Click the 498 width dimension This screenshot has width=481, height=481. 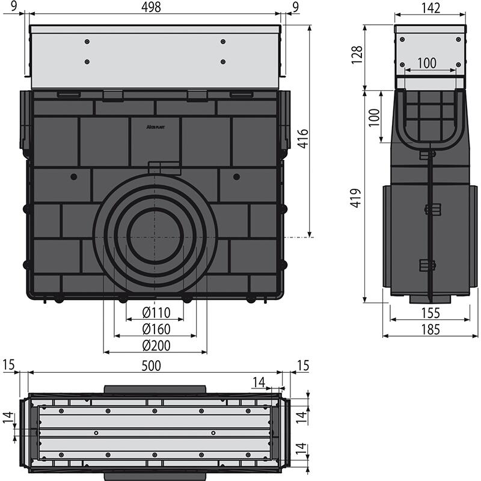click(151, 7)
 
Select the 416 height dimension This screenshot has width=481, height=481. click(303, 139)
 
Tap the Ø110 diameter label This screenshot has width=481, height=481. click(156, 313)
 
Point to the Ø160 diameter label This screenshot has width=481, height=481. click(156, 329)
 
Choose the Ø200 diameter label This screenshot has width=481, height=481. click(156, 345)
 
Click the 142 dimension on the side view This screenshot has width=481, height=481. click(430, 8)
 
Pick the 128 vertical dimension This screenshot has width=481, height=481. click(357, 55)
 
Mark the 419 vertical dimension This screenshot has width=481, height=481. click(356, 198)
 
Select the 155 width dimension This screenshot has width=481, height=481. click(430, 313)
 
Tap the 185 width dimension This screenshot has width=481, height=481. click(430, 329)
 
